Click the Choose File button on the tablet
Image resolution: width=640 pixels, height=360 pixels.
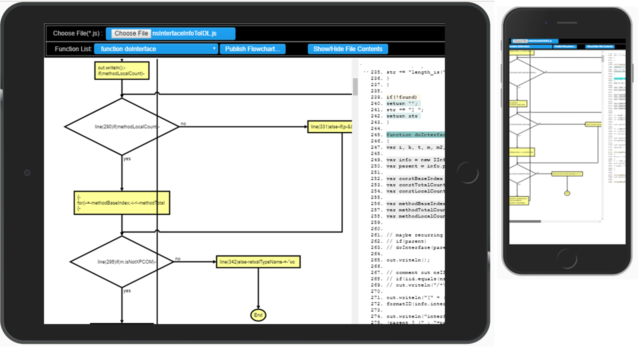coord(131,33)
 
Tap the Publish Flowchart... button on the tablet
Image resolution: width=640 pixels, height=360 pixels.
coord(252,49)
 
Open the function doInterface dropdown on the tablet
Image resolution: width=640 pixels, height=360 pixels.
coord(158,49)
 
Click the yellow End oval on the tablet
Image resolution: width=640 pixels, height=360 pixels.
coord(258,315)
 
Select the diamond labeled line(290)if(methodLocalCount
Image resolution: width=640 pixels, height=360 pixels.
coord(122,126)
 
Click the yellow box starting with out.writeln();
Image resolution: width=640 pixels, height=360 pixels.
coord(122,70)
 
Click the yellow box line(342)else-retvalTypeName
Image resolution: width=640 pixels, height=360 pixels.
coord(258,261)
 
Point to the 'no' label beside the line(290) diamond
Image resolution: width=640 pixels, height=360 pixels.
coord(183,123)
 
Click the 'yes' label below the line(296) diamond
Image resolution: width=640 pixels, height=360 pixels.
coord(127,290)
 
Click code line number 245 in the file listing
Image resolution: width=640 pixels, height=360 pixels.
coord(376,135)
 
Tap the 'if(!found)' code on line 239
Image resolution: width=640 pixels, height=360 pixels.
coord(403,97)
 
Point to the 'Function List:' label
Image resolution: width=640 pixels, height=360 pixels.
coord(73,49)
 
